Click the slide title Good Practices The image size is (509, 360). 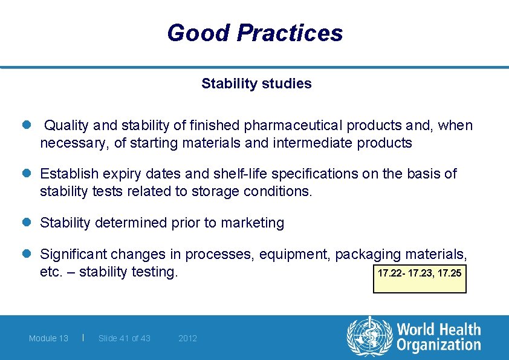coord(254,33)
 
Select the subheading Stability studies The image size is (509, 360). coord(256,83)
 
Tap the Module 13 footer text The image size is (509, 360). coord(48,338)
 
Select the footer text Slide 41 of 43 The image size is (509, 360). coord(124,338)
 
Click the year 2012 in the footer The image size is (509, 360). coord(187,338)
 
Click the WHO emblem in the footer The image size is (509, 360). coord(369,336)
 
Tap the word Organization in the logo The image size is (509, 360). coord(439,345)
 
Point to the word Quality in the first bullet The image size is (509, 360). coord(66,125)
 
